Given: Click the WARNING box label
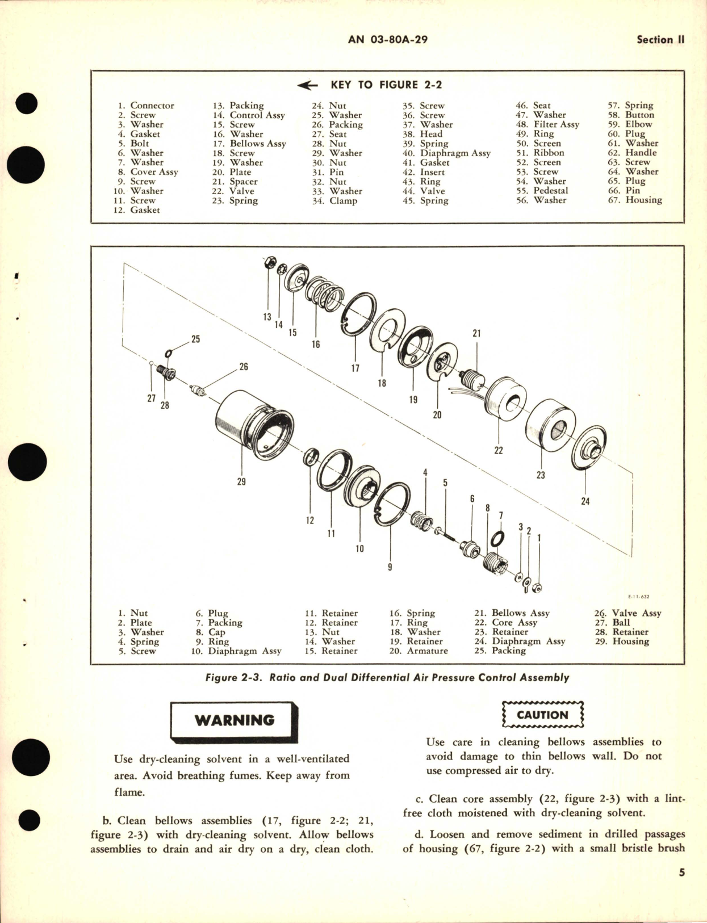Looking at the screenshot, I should (234, 720).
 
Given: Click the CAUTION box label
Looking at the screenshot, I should (542, 715).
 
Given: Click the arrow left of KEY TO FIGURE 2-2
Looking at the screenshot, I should (307, 85).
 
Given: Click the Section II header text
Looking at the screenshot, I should (660, 40).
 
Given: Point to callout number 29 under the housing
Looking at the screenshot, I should (241, 482).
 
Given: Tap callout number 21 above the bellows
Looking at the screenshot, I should (476, 333).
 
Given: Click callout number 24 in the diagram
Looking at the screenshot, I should (585, 501).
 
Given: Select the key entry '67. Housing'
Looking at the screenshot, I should (635, 200).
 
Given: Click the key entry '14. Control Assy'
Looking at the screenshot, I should (249, 115).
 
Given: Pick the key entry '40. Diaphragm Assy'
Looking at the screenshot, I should (446, 153).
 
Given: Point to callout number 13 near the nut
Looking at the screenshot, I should (267, 317).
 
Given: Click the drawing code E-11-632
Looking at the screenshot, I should (639, 597).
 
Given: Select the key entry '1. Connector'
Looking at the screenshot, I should (146, 106).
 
